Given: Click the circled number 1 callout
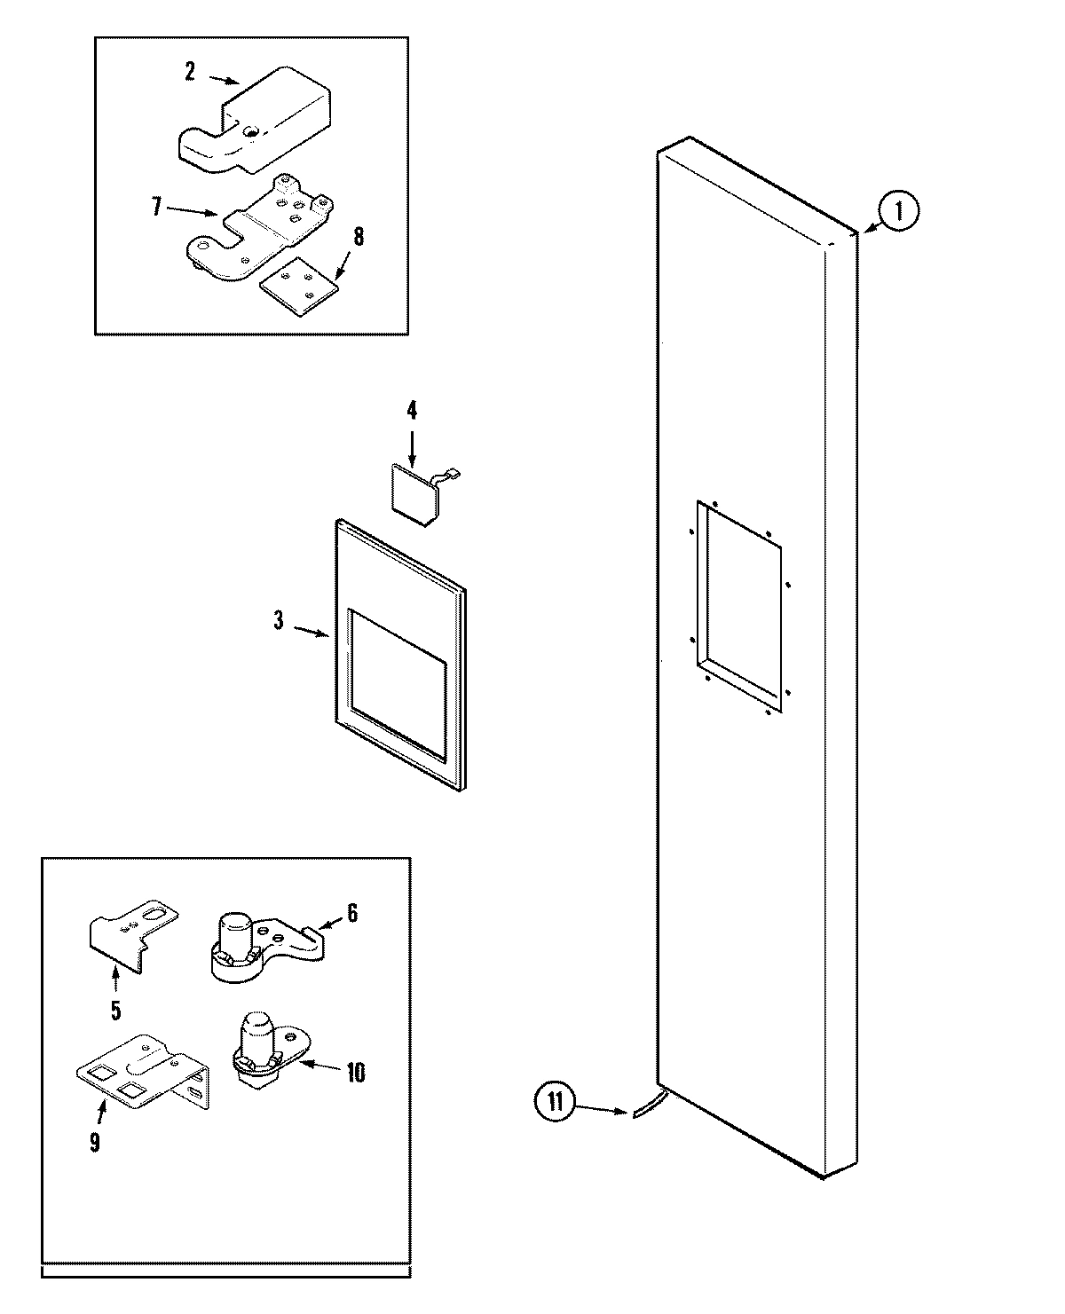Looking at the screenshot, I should tap(899, 213).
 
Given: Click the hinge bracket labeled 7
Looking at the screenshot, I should tap(262, 229).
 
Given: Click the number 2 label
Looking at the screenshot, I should tap(189, 72).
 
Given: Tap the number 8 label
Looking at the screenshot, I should tap(359, 237).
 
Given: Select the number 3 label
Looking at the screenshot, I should tap(279, 621).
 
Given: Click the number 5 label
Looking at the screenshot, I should tap(115, 1010).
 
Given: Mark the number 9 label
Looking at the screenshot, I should tap(94, 1142).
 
